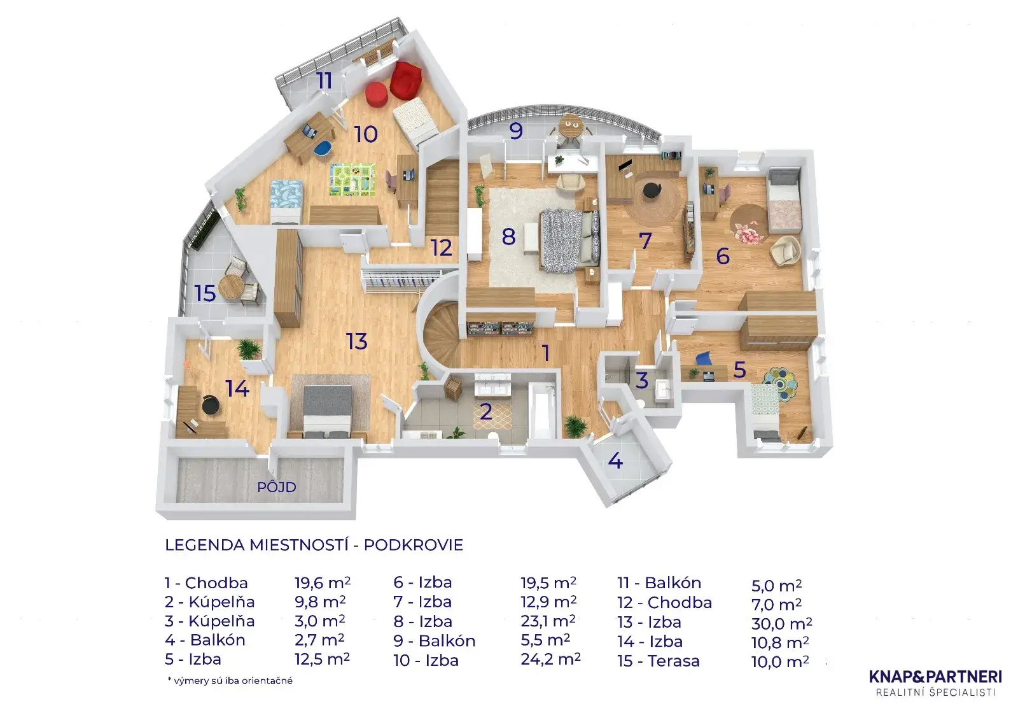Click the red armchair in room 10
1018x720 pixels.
[406, 79]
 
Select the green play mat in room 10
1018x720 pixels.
[352, 180]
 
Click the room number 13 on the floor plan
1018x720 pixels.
[357, 342]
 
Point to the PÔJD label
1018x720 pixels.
[277, 487]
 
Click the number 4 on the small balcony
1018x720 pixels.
[615, 460]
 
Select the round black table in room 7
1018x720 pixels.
[652, 190]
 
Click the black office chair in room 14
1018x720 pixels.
[210, 405]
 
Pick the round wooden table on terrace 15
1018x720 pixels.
[232, 286]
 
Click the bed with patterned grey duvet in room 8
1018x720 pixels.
[568, 241]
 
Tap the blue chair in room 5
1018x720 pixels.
[703, 360]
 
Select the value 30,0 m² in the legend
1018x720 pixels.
[781, 624]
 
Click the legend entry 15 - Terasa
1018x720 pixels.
[659, 661]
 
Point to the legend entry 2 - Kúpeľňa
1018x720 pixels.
[209, 602]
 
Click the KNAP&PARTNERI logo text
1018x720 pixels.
[935, 676]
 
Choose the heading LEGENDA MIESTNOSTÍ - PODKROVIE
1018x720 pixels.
[314, 545]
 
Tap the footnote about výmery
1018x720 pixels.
[230, 681]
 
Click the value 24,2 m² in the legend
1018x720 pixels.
[550, 660]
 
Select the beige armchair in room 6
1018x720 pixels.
[785, 250]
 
